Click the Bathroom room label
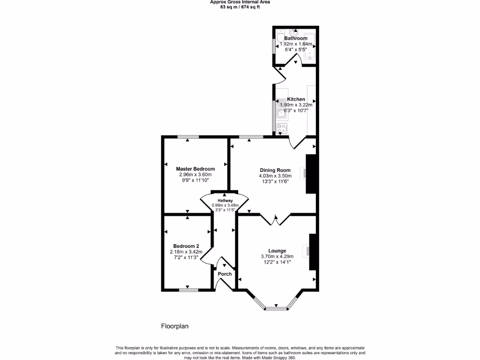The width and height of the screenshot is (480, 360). [x=296, y=38]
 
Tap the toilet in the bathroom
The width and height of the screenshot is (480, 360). [x=280, y=38]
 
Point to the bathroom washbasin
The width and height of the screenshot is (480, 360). [x=294, y=32]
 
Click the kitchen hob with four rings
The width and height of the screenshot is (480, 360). [x=283, y=127]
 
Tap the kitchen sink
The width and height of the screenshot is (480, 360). [x=282, y=109]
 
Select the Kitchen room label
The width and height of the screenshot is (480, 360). [x=296, y=99]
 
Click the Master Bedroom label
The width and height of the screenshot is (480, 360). [x=195, y=169]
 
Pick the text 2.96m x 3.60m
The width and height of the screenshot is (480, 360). [x=195, y=174]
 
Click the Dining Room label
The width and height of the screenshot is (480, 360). [x=275, y=170]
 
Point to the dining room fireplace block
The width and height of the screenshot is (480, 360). [x=311, y=174]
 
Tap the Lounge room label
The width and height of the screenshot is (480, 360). [x=277, y=251]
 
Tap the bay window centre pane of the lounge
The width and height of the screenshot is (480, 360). [x=276, y=308]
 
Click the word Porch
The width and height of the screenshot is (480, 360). [x=225, y=274]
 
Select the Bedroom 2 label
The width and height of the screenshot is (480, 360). [x=186, y=246]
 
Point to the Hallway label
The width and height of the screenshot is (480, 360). [x=225, y=200]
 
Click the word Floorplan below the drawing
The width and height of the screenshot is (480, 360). [x=175, y=326]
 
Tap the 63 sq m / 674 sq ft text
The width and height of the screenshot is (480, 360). [x=240, y=7]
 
